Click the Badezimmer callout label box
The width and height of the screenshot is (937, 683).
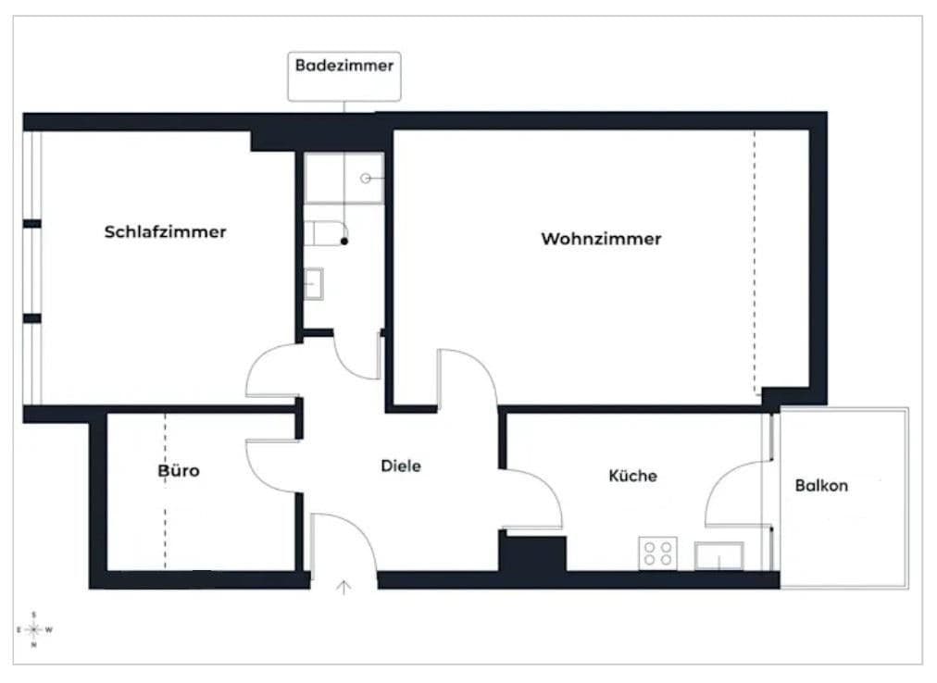(344, 76)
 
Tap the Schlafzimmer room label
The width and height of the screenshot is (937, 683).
(165, 231)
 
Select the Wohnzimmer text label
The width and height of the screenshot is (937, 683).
(601, 239)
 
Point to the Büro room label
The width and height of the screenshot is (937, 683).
(178, 470)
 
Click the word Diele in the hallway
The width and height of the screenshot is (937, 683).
(401, 466)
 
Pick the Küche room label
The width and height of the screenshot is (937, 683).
(632, 476)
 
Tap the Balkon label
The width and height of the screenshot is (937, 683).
(821, 485)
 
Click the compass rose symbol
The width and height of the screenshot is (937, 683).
(33, 629)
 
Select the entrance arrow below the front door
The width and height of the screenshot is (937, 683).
(344, 586)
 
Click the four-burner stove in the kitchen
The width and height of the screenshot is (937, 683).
(657, 553)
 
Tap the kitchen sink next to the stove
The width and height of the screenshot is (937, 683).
(718, 556)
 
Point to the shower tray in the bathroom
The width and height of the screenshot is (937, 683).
(344, 178)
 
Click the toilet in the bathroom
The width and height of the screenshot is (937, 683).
(326, 233)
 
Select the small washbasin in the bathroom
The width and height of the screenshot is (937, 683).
(314, 282)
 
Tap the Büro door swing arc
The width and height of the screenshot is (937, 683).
(270, 461)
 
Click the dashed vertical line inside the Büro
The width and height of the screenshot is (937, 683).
(166, 491)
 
